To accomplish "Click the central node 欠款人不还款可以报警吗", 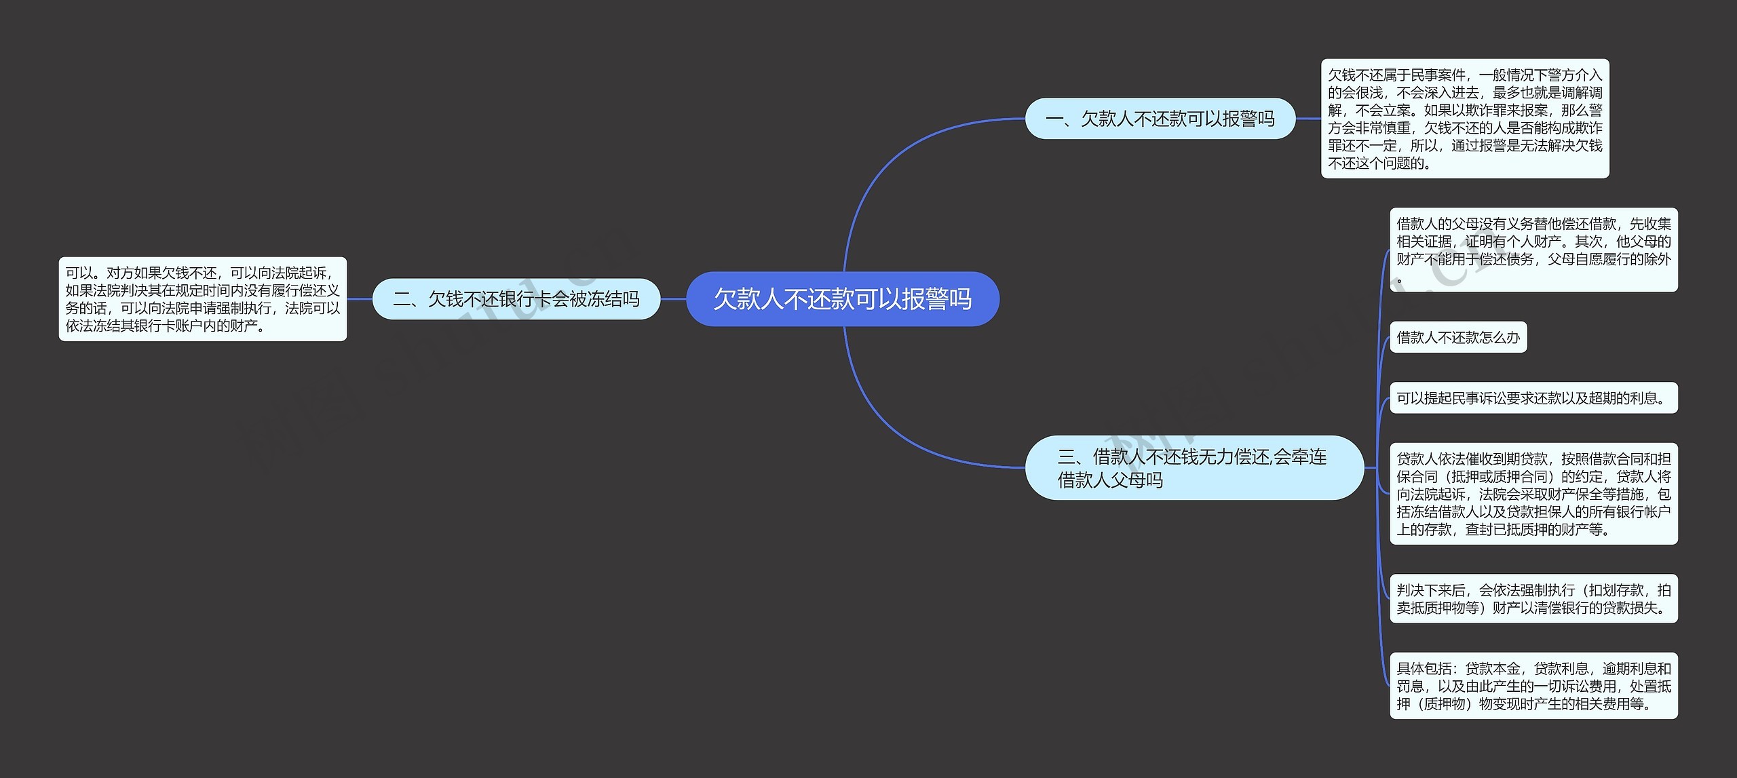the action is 842,299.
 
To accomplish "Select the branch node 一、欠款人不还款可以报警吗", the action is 1160,119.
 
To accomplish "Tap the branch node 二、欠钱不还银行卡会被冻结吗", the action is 516,299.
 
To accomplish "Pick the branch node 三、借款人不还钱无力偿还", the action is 1194,468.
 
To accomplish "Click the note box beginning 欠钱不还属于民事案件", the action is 1464,119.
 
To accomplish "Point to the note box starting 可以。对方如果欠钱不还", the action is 202,299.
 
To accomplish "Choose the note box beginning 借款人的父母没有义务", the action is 1533,250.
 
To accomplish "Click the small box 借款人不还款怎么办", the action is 1457,338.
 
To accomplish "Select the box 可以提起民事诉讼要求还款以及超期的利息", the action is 1533,398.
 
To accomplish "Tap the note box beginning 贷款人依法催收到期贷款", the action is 1533,494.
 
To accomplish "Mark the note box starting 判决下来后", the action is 1533,599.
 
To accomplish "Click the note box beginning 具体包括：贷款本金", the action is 1533,686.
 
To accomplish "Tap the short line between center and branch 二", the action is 673,299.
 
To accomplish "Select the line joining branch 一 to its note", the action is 1308,119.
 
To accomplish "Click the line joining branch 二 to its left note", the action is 360,299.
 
